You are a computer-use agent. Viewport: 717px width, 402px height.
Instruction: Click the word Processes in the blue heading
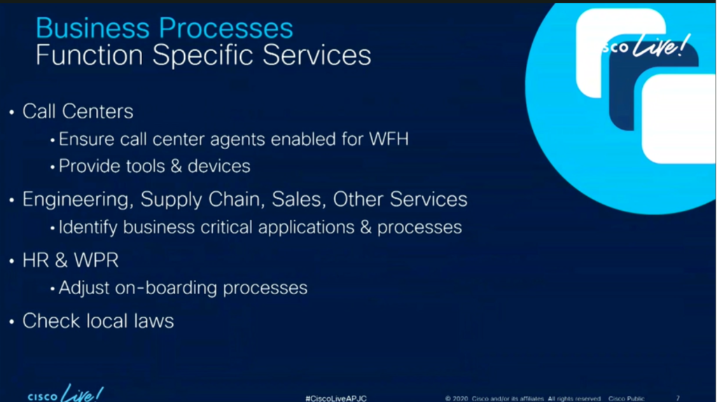coord(226,28)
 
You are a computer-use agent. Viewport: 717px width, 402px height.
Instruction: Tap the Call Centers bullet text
coord(78,111)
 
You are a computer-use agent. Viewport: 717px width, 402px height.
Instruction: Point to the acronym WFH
coord(389,139)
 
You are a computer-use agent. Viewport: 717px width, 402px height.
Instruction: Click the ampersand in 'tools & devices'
coord(176,166)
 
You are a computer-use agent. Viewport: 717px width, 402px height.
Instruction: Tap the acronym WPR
coord(96,261)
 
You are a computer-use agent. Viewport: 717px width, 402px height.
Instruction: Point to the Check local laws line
coord(98,321)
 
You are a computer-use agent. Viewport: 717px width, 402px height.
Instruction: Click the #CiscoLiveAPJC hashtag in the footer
coord(336,398)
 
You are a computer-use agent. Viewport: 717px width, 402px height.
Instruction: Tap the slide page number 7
coord(678,398)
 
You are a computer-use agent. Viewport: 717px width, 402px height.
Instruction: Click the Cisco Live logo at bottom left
coord(65,394)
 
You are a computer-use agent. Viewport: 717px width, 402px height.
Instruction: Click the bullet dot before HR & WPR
coord(12,261)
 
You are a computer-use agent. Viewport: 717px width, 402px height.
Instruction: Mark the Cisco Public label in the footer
coord(626,398)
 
